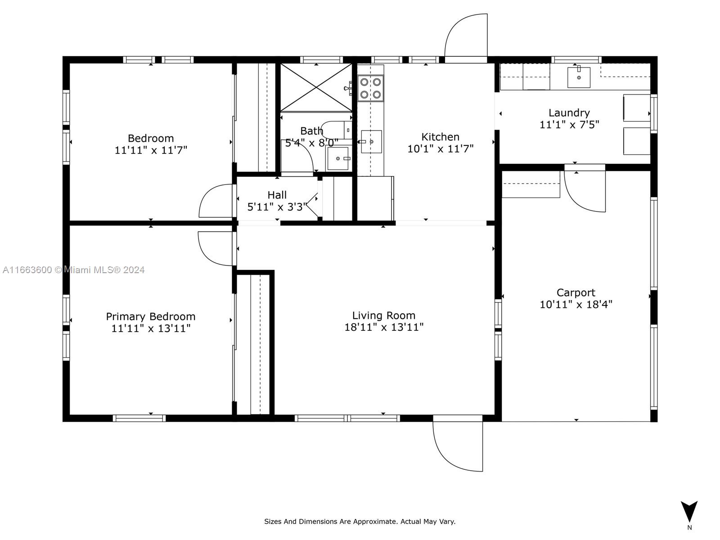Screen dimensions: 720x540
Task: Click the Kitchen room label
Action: [440, 137]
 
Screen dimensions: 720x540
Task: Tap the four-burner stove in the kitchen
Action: [370, 88]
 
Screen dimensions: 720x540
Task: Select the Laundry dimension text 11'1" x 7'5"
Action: [569, 125]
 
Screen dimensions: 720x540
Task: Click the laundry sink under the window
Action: [579, 77]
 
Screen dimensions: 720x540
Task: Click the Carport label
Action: [576, 292]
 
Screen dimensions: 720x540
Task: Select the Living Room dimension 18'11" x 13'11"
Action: [384, 327]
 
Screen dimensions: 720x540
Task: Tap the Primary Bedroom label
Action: [151, 317]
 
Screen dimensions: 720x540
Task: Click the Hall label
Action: [277, 195]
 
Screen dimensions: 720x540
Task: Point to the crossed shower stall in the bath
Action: [316, 88]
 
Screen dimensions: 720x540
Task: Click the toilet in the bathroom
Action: [336, 130]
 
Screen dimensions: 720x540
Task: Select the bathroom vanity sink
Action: [338, 159]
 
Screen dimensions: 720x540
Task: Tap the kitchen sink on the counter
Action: [371, 142]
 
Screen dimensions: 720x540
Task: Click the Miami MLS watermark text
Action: [73, 270]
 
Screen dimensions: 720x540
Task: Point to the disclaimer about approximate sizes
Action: [360, 521]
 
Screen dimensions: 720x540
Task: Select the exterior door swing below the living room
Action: [458, 446]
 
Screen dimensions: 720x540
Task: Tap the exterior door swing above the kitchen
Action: [466, 35]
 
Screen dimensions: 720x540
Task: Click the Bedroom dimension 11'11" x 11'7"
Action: [151, 150]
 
